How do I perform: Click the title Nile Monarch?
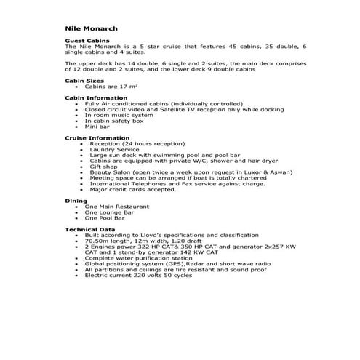pos(91,29)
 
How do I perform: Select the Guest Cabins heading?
pos(87,41)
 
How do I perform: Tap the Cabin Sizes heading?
pos(84,80)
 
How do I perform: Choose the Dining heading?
pos(76,200)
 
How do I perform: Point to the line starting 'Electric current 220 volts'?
pos(138,275)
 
